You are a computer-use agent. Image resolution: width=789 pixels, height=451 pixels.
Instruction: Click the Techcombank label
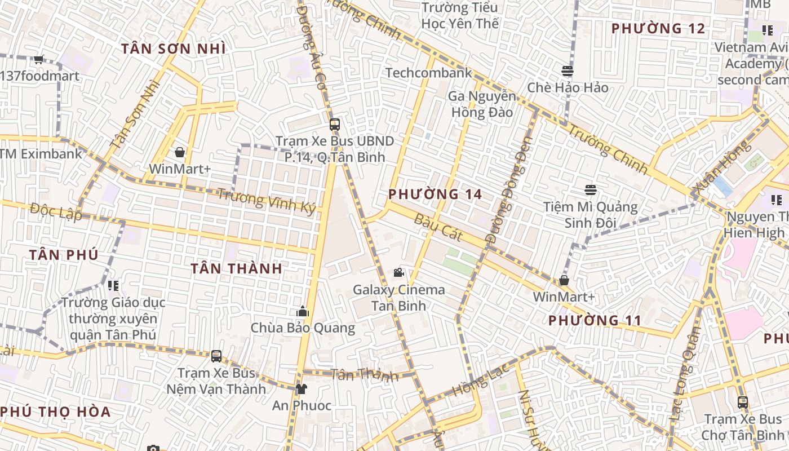[x=429, y=73]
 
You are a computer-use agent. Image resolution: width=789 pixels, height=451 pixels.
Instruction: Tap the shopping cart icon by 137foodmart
[x=39, y=59]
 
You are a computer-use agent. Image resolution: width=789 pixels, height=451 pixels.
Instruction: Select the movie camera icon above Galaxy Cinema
[x=398, y=273]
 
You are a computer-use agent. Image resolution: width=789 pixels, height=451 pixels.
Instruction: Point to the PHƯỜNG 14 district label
[x=435, y=194]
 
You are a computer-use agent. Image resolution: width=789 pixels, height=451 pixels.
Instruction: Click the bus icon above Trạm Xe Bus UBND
[x=335, y=124]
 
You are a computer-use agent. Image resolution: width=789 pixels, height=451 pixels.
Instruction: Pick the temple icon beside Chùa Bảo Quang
[x=303, y=311]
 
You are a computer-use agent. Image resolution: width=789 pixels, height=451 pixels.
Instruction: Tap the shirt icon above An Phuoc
[x=302, y=388]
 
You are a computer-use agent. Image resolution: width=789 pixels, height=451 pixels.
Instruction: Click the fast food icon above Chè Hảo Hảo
[x=568, y=71]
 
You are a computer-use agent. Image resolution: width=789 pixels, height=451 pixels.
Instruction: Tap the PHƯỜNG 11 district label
[x=595, y=321]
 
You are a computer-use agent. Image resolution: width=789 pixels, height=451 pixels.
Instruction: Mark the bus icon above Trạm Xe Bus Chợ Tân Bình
[x=743, y=402]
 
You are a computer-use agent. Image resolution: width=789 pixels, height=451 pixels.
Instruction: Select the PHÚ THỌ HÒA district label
[x=55, y=412]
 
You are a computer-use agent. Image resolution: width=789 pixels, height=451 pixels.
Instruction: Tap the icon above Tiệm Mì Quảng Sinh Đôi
[x=590, y=190]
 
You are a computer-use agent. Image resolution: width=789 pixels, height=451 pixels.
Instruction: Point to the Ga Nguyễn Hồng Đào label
[x=481, y=104]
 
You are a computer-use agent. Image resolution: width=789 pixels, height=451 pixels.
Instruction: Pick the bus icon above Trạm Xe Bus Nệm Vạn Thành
[x=216, y=356]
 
